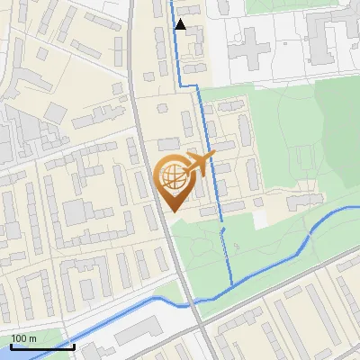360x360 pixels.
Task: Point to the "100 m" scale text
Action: click(x=23, y=338)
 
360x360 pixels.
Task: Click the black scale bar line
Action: click(x=41, y=346)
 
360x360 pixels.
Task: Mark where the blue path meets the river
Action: click(x=232, y=285)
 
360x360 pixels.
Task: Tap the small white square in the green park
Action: click(x=260, y=219)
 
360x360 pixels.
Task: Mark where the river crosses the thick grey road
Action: click(x=188, y=304)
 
